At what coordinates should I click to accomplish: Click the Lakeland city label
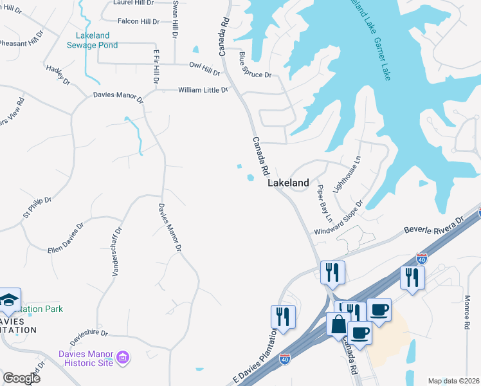coord(287,183)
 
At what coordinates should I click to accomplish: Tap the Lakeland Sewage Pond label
coord(92,40)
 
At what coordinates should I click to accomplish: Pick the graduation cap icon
coord(10,299)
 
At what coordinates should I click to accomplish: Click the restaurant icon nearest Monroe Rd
coord(412,277)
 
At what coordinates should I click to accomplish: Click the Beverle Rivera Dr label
coord(433,229)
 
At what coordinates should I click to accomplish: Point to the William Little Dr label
coord(203,90)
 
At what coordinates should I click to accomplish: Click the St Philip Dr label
coord(37,208)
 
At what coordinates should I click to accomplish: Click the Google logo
coord(21,378)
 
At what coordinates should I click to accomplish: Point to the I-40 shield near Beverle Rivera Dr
coord(422,259)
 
